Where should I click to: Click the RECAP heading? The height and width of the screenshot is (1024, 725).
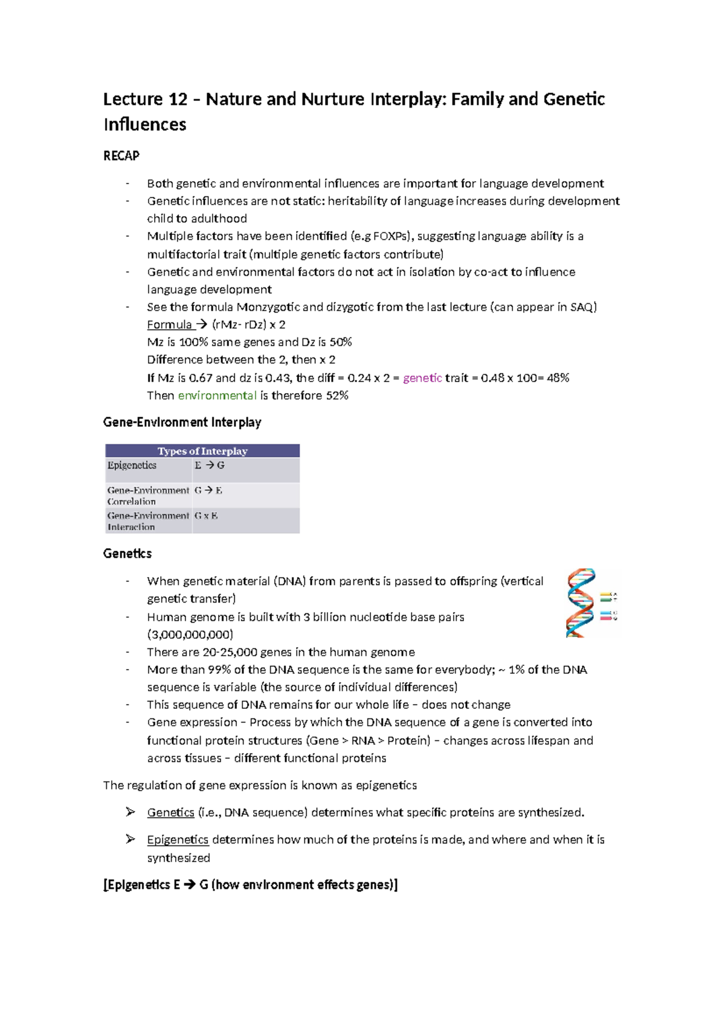tap(121, 156)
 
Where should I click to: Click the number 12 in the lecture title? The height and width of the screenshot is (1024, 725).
tap(176, 99)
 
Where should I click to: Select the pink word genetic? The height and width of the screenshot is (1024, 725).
tap(422, 378)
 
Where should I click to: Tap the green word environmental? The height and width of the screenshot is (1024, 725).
tap(217, 395)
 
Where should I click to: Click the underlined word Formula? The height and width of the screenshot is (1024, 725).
tap(169, 325)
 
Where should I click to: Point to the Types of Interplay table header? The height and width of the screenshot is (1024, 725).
tap(202, 451)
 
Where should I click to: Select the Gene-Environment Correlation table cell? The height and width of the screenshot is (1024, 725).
tap(148, 496)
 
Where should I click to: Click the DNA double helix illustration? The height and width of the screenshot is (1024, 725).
tap(581, 603)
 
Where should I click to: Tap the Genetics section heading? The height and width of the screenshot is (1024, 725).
tap(127, 554)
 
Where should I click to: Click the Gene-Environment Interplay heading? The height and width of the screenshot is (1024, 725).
tap(182, 422)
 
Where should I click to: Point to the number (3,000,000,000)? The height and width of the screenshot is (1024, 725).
tap(190, 635)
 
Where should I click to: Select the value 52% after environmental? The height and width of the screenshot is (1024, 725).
tap(337, 395)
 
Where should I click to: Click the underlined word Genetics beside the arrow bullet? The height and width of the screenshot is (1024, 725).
tap(170, 813)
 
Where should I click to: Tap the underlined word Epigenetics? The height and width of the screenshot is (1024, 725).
tap(178, 840)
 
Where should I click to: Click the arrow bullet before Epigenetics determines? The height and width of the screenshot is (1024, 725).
tap(130, 839)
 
